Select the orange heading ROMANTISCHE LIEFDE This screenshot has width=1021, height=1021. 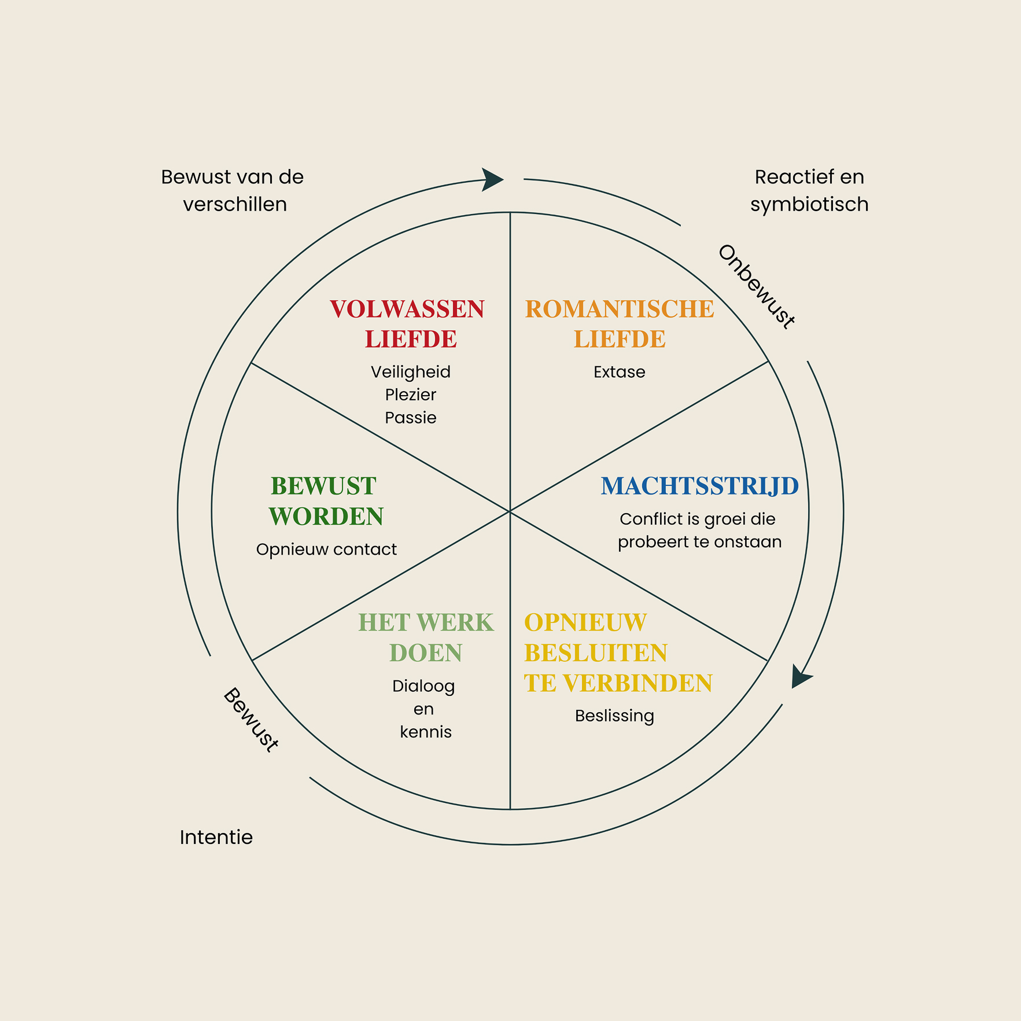(620, 324)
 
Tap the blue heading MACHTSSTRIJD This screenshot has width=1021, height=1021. (700, 486)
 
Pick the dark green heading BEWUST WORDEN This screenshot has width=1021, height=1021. (326, 501)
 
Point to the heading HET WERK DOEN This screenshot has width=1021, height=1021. (426, 637)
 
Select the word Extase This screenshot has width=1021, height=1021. (619, 372)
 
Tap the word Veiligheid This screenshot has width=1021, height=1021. (411, 372)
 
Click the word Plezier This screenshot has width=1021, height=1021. (411, 395)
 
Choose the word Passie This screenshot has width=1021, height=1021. (411, 418)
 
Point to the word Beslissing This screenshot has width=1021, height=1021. (614, 716)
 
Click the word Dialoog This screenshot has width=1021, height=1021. (423, 686)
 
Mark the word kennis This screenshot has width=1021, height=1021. (426, 732)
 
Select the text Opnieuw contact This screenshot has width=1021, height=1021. (326, 550)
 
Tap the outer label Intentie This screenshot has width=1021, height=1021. (216, 837)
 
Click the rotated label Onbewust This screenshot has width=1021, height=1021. (756, 287)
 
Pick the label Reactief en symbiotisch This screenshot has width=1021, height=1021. (809, 190)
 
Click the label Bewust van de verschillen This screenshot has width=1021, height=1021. (233, 190)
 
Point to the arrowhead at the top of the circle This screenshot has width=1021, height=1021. (492, 179)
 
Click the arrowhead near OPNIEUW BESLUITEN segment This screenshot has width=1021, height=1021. (801, 676)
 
